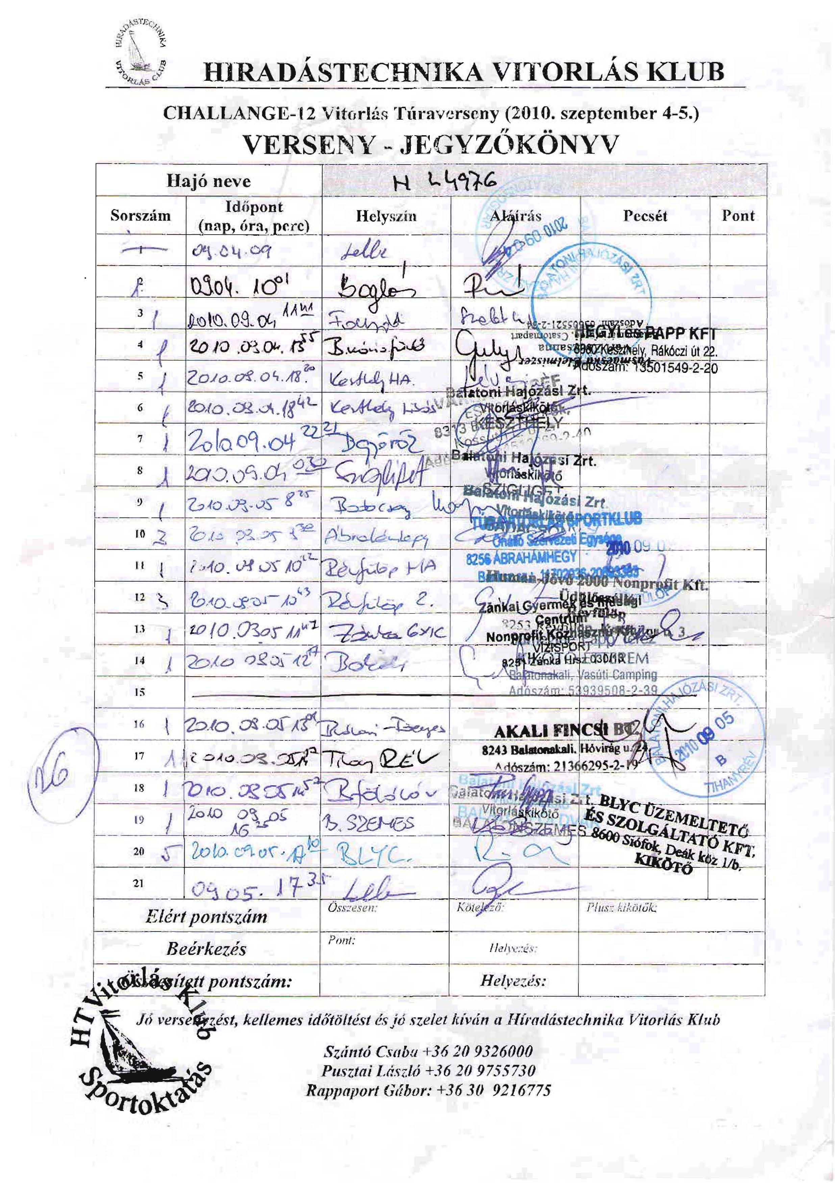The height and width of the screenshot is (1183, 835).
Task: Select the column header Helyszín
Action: pyautogui.click(x=386, y=216)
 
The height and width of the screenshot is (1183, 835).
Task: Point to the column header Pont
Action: pyautogui.click(x=738, y=215)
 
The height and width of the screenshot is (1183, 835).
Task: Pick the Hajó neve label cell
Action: pyautogui.click(x=208, y=182)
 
